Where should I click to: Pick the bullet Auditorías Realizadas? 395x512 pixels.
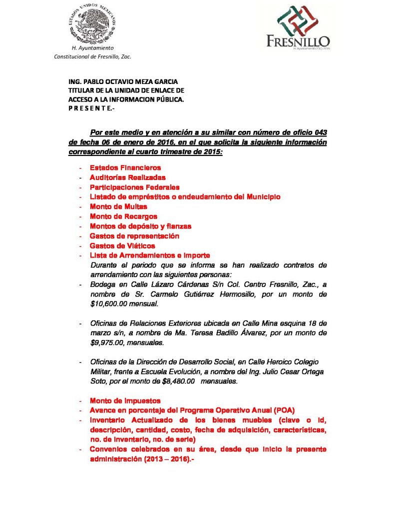(x=127, y=177)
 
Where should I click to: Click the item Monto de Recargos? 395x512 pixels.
(x=123, y=216)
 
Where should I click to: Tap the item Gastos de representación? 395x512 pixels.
(x=134, y=236)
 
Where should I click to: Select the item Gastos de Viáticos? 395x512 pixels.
(x=122, y=245)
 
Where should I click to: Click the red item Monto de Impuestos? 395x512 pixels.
(x=125, y=400)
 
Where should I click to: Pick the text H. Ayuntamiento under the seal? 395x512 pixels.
(x=93, y=48)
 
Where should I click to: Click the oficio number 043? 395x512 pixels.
(x=321, y=132)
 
